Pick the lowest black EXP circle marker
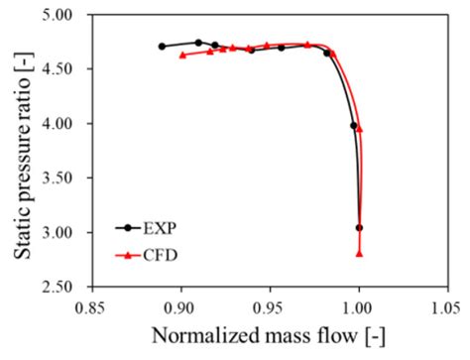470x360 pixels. pyautogui.click(x=359, y=228)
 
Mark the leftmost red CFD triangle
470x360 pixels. pyautogui.click(x=182, y=55)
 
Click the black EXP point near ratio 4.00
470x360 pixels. pyautogui.click(x=353, y=125)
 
